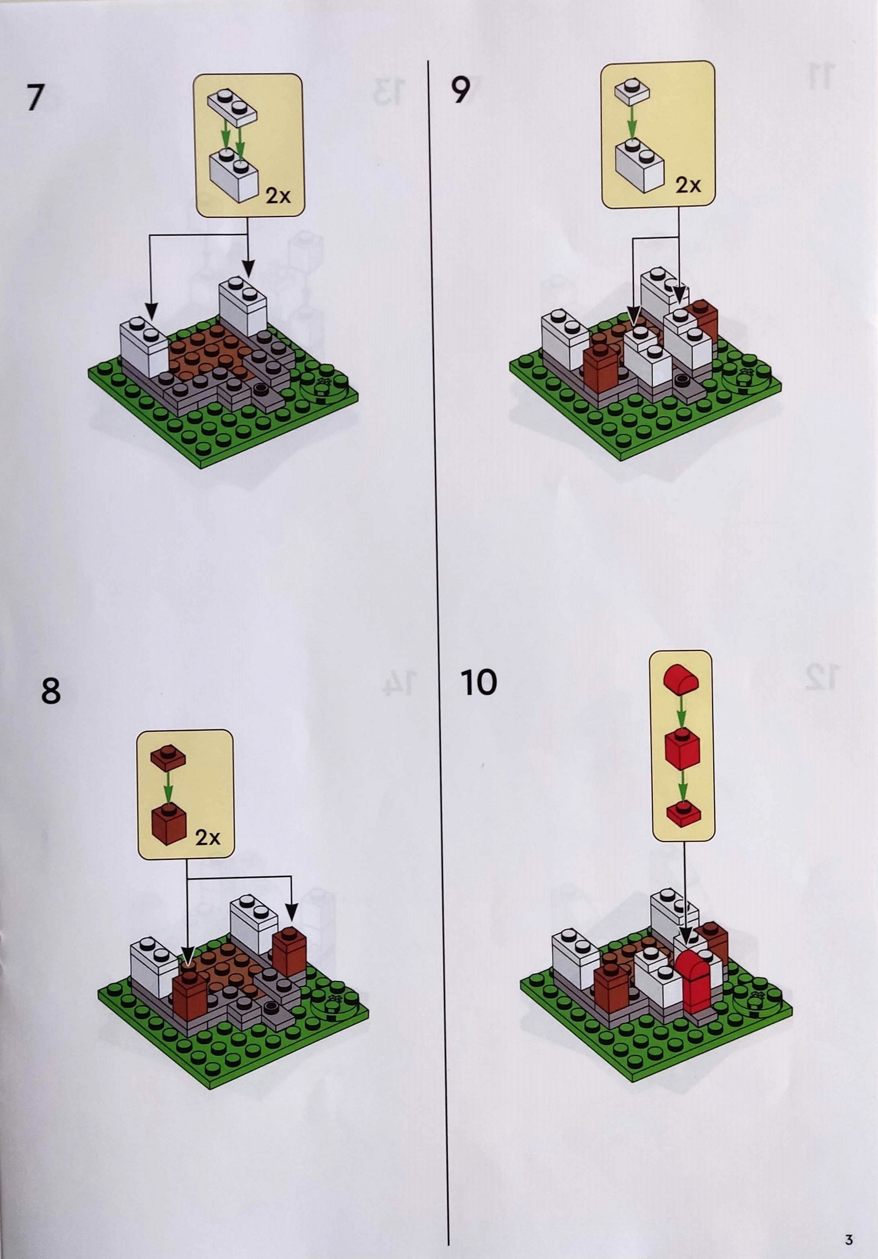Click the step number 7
pyautogui.click(x=34, y=98)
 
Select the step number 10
pyautogui.click(x=479, y=682)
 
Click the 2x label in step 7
pyautogui.click(x=278, y=196)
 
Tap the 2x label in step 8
pyautogui.click(x=208, y=838)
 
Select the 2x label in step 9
pyautogui.click(x=688, y=185)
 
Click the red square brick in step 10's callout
pyautogui.click(x=683, y=749)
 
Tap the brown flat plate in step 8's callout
pyautogui.click(x=168, y=757)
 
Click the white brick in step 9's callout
pyautogui.click(x=640, y=165)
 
